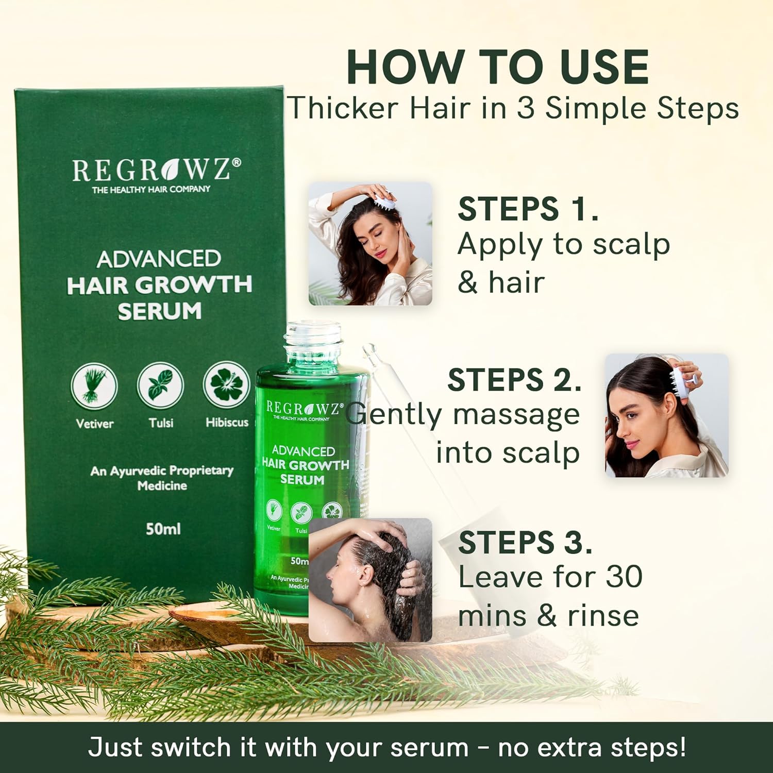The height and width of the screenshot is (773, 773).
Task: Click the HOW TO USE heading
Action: [x=497, y=67]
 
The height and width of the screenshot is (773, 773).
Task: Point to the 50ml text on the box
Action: [x=163, y=529]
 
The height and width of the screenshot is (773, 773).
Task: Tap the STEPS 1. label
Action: [x=528, y=209]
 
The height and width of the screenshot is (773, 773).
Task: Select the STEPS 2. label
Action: [x=514, y=380]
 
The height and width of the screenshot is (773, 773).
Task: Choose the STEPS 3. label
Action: [x=525, y=543]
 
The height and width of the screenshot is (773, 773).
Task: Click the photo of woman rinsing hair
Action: [x=370, y=580]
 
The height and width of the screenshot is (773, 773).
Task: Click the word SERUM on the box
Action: [x=159, y=311]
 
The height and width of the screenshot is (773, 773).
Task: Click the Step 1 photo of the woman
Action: [x=370, y=243]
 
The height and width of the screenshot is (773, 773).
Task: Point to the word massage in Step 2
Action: [x=516, y=415]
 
